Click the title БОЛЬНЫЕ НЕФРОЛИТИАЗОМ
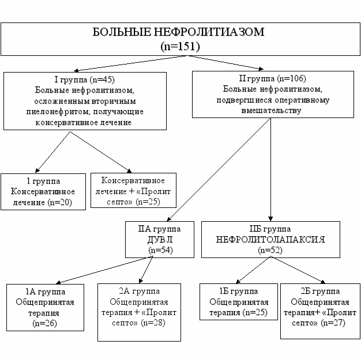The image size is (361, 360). (178, 32)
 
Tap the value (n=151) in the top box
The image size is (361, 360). (180, 46)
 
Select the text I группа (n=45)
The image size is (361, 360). (85, 79)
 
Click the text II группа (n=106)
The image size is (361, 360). (272, 78)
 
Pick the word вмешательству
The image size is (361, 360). (271, 111)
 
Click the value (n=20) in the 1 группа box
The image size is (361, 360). (60, 202)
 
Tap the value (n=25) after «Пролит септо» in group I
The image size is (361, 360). (148, 202)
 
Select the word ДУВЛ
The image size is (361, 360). (160, 240)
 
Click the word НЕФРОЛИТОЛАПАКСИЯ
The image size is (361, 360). (270, 240)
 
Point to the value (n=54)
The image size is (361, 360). (160, 251)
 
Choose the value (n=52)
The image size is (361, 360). (270, 251)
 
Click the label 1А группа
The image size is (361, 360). (46, 291)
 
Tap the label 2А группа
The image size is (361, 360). (140, 291)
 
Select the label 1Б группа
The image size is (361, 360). (239, 291)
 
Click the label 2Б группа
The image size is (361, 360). (320, 291)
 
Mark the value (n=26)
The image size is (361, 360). (44, 324)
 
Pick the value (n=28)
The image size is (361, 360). (153, 323)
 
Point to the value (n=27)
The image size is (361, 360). (333, 323)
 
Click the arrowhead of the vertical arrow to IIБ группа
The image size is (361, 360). (270, 218)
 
